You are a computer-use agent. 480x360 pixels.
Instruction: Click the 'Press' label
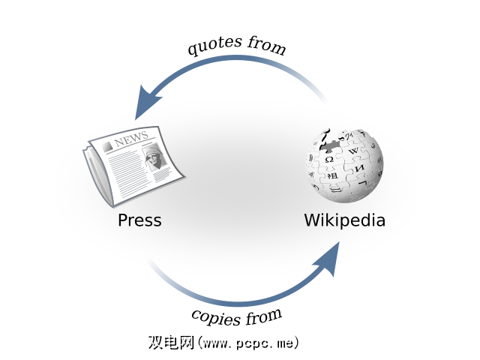coord(139,220)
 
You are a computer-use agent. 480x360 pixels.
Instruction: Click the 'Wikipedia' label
coord(344,220)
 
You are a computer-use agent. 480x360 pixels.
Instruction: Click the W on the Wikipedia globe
coord(354,151)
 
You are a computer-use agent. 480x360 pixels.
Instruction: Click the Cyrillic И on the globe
coord(360,169)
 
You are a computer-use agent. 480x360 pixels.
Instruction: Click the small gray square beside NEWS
coord(108,144)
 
